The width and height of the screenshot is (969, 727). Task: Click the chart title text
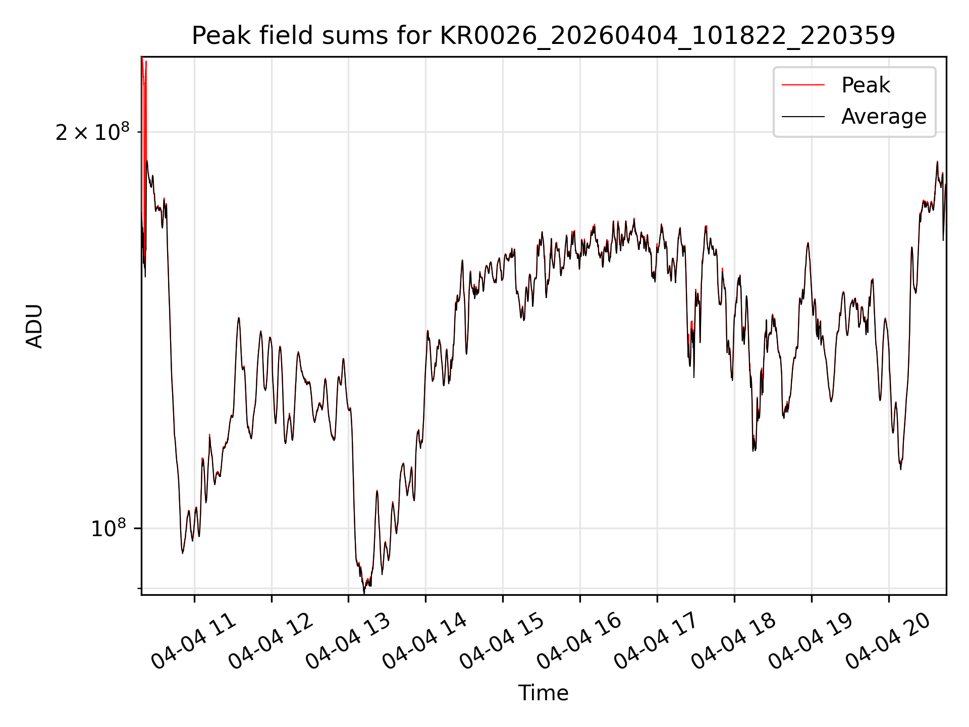tap(544, 36)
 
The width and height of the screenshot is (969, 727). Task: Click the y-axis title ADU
tap(34, 326)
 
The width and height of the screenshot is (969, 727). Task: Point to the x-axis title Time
tap(544, 693)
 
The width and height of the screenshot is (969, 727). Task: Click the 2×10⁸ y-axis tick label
tap(92, 132)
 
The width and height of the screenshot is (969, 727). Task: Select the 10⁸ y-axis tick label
tap(108, 529)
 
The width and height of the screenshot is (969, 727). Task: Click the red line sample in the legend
tap(803, 85)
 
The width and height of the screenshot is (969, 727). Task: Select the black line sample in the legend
tap(803, 117)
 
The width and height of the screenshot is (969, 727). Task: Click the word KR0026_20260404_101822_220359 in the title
tap(668, 36)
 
